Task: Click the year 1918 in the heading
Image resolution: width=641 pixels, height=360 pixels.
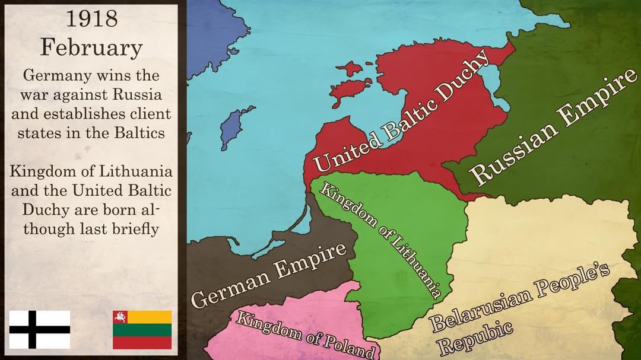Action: click(x=91, y=20)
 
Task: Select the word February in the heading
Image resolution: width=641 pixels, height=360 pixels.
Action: click(x=91, y=47)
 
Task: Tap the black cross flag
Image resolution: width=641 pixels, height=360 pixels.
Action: click(x=40, y=329)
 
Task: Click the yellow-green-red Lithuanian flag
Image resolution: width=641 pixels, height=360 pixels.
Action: click(x=142, y=329)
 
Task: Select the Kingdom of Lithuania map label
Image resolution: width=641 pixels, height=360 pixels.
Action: click(x=380, y=240)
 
